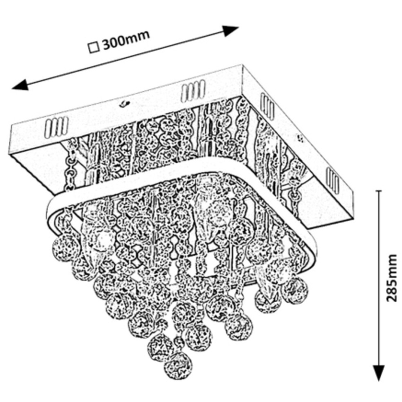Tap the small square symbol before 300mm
tap(94, 47)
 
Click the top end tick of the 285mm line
tap(378, 191)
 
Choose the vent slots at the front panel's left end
tap(57, 126)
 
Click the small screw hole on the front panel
tap(124, 102)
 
